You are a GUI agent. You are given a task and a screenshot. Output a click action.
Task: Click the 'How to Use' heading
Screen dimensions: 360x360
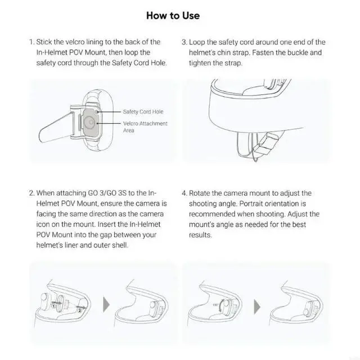(173, 16)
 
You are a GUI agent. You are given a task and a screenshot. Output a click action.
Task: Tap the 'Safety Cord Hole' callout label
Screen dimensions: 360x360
(143, 112)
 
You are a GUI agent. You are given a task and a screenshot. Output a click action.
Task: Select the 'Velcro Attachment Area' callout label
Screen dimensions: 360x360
(145, 127)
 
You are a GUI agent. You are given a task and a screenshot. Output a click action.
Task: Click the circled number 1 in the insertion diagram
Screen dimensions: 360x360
(53, 306)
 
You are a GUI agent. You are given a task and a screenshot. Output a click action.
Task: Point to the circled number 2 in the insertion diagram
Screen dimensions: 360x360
(80, 310)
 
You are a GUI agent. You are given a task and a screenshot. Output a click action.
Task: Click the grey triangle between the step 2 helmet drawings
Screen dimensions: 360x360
(106, 305)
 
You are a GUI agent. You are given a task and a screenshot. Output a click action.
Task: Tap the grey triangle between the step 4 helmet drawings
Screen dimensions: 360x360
(257, 307)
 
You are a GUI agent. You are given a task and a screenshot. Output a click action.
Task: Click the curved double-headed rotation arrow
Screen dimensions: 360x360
(220, 305)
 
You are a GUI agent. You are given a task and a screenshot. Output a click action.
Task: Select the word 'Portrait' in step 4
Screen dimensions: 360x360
(251, 204)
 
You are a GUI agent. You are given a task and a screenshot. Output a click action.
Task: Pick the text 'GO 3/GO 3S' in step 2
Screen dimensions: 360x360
(107, 193)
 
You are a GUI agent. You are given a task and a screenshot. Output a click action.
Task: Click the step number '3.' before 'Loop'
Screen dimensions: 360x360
(184, 42)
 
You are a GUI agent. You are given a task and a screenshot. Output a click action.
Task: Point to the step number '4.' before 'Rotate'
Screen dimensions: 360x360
(184, 193)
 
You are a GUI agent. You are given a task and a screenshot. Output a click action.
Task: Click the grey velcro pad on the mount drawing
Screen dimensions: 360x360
(91, 122)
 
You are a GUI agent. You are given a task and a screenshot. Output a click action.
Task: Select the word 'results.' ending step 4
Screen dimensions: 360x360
(200, 235)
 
